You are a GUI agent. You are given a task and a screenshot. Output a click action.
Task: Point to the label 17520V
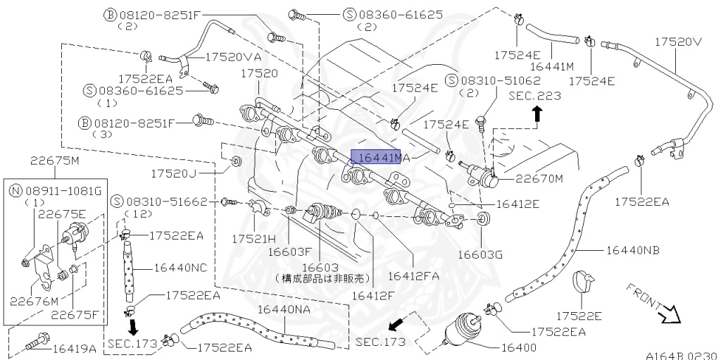[679, 42]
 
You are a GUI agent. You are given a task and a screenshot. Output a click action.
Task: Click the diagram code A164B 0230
[680, 354]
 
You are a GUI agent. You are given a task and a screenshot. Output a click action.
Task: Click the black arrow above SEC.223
[537, 111]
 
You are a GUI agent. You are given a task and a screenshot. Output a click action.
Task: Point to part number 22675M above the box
[54, 160]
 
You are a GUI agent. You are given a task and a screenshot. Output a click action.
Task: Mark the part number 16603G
[480, 254]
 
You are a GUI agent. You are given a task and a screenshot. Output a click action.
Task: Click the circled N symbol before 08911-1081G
[15, 190]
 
